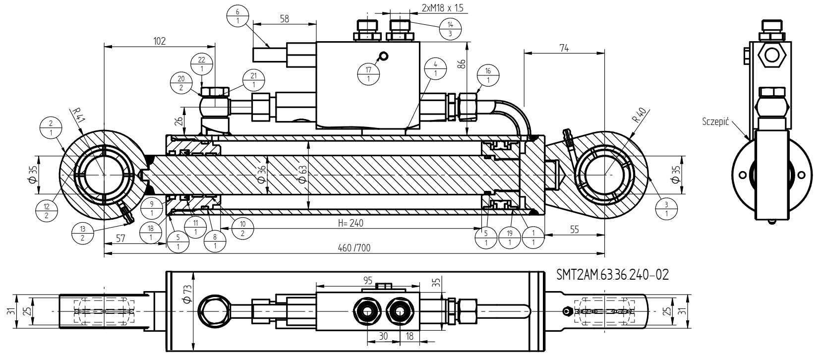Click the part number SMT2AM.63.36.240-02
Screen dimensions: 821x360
[612, 275]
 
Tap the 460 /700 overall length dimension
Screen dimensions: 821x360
[354, 248]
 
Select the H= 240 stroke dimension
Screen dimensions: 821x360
[351, 223]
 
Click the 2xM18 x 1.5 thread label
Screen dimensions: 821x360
[442, 7]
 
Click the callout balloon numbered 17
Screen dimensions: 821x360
[368, 74]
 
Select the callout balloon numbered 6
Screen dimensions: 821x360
[237, 16]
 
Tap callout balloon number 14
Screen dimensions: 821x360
[450, 29]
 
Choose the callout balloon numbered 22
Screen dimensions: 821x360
[202, 64]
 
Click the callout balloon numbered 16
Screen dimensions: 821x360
[488, 75]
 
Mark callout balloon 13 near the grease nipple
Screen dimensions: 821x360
[82, 233]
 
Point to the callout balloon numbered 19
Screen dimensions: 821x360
[510, 238]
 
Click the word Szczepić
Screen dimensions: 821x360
[715, 121]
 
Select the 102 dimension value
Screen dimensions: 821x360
[159, 41]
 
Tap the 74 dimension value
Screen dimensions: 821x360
[564, 48]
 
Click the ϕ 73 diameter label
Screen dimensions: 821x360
[187, 295]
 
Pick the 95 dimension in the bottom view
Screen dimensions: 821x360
[368, 281]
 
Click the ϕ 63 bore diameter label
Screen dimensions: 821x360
[302, 175]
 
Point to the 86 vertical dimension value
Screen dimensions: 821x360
[462, 64]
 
